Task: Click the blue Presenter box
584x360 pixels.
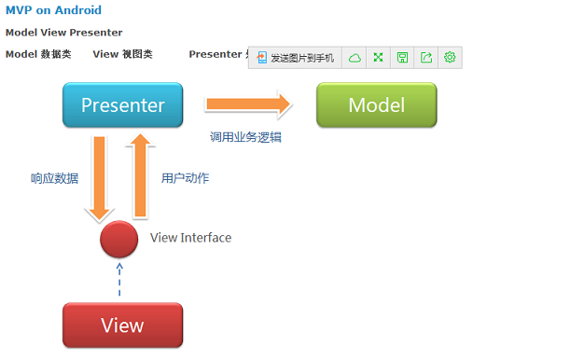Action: [122, 104]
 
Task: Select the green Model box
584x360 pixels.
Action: [376, 104]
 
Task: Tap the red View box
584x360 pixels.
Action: [122, 325]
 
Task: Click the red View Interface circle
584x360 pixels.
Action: [119, 239]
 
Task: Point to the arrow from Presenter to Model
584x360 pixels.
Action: [248, 104]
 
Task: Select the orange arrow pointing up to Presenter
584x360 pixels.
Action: [141, 174]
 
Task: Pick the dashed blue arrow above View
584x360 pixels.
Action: [119, 279]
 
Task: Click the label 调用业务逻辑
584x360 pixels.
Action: [245, 137]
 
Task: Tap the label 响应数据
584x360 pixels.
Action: [54, 178]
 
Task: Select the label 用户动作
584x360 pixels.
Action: [185, 178]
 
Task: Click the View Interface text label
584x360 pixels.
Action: [190, 238]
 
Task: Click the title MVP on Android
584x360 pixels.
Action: [53, 11]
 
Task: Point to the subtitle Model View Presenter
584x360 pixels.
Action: [63, 33]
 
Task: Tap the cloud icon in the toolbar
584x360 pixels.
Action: [355, 58]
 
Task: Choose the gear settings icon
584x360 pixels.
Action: [450, 58]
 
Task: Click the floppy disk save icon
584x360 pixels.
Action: [402, 58]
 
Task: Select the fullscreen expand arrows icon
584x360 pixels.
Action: [378, 58]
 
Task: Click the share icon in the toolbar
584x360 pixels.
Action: [426, 58]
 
